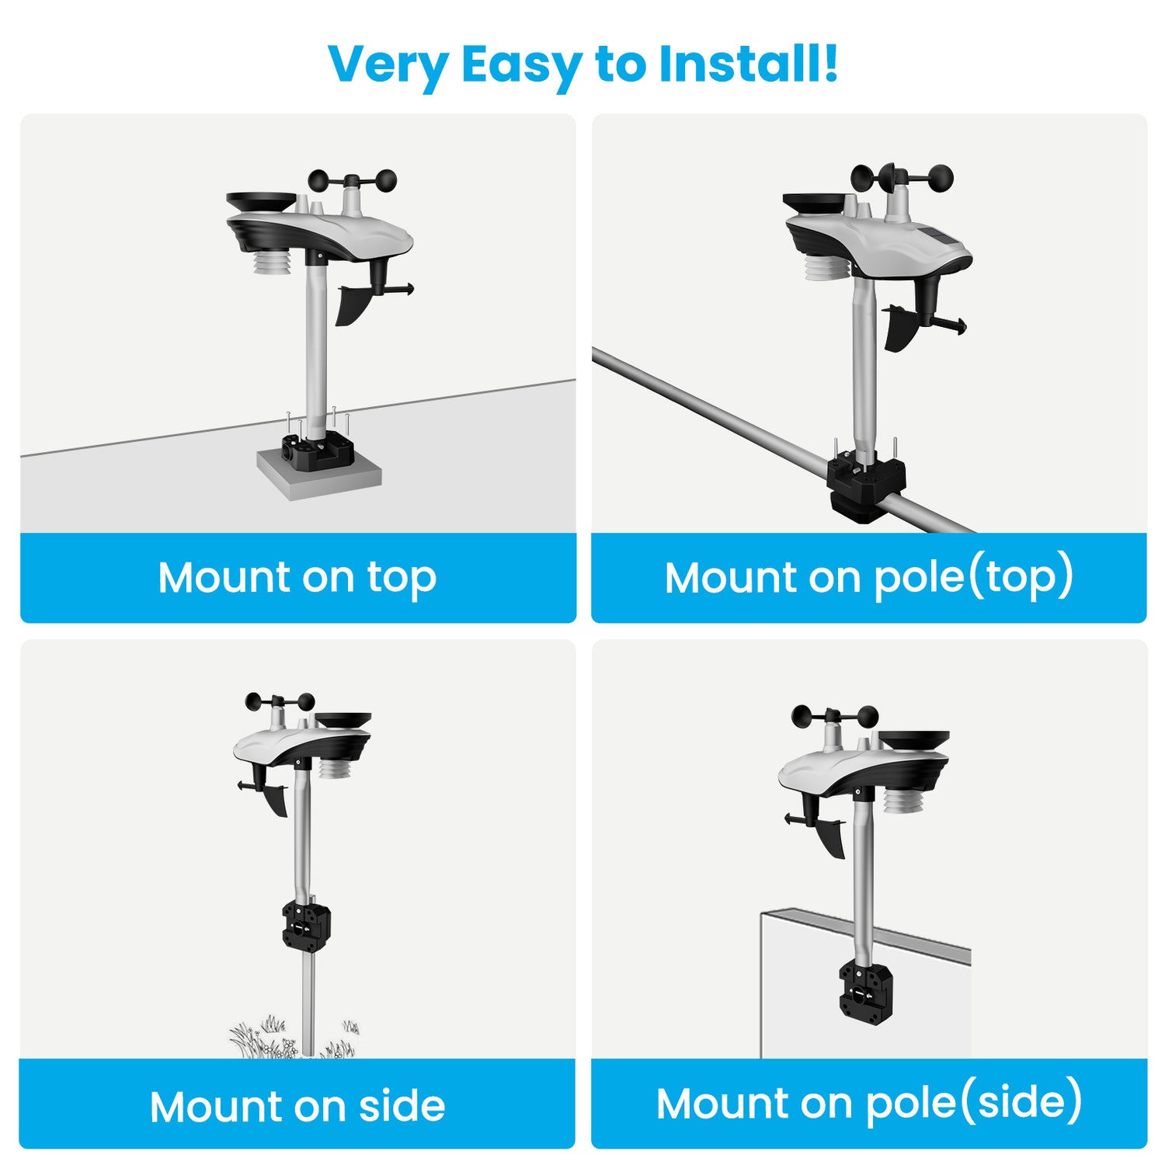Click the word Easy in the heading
coord(520,65)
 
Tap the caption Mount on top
coord(297,578)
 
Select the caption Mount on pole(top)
coord(869,578)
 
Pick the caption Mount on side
coord(297,1106)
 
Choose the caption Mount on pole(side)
coord(869,1104)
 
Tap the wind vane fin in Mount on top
coord(353,303)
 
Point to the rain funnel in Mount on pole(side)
coord(914,742)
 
